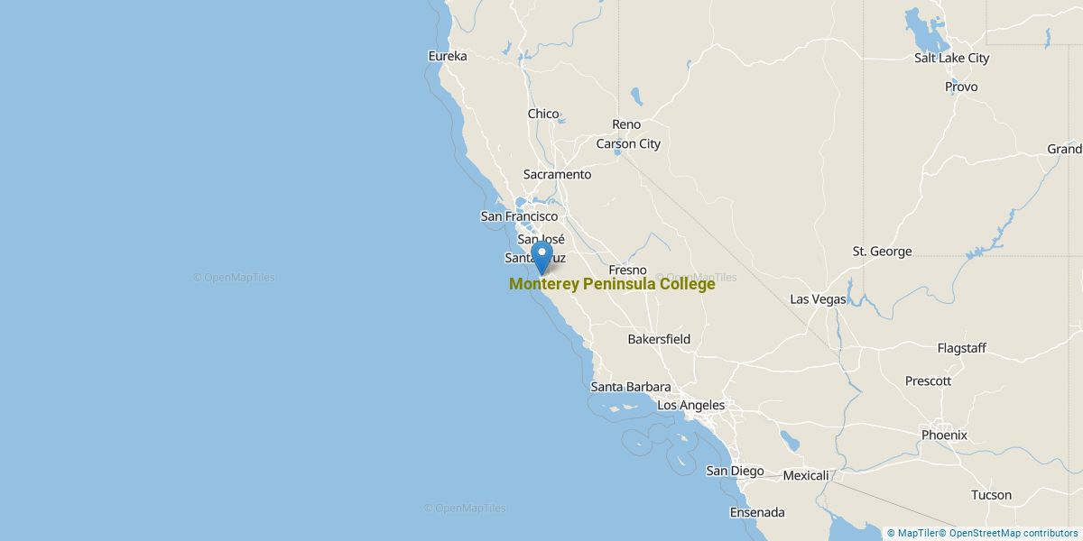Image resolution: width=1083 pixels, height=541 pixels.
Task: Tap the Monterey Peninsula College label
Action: click(612, 284)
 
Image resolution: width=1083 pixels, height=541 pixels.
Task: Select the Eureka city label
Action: click(448, 56)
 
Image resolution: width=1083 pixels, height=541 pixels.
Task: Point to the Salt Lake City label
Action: click(951, 58)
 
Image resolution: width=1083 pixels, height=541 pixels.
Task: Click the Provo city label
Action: click(961, 87)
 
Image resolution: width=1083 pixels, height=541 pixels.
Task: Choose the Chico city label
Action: click(543, 114)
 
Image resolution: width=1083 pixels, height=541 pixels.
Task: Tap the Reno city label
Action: click(625, 124)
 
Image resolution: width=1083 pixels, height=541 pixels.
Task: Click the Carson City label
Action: click(628, 143)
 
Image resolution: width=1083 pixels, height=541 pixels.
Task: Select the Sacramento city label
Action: click(557, 174)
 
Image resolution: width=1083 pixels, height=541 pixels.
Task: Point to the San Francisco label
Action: click(519, 216)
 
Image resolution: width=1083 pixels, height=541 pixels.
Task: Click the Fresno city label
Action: click(628, 270)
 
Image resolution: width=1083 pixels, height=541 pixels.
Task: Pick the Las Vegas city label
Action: click(818, 298)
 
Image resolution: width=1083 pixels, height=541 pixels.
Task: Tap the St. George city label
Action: click(882, 252)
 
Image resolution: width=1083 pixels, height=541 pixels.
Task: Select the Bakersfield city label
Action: click(659, 339)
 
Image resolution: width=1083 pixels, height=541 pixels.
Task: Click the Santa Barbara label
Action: click(630, 387)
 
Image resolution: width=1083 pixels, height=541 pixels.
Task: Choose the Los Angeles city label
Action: click(690, 406)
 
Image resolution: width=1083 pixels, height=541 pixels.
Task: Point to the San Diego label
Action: click(735, 471)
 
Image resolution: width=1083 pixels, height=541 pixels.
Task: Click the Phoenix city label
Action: click(944, 435)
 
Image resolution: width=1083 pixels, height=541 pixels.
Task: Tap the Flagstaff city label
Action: click(961, 348)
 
